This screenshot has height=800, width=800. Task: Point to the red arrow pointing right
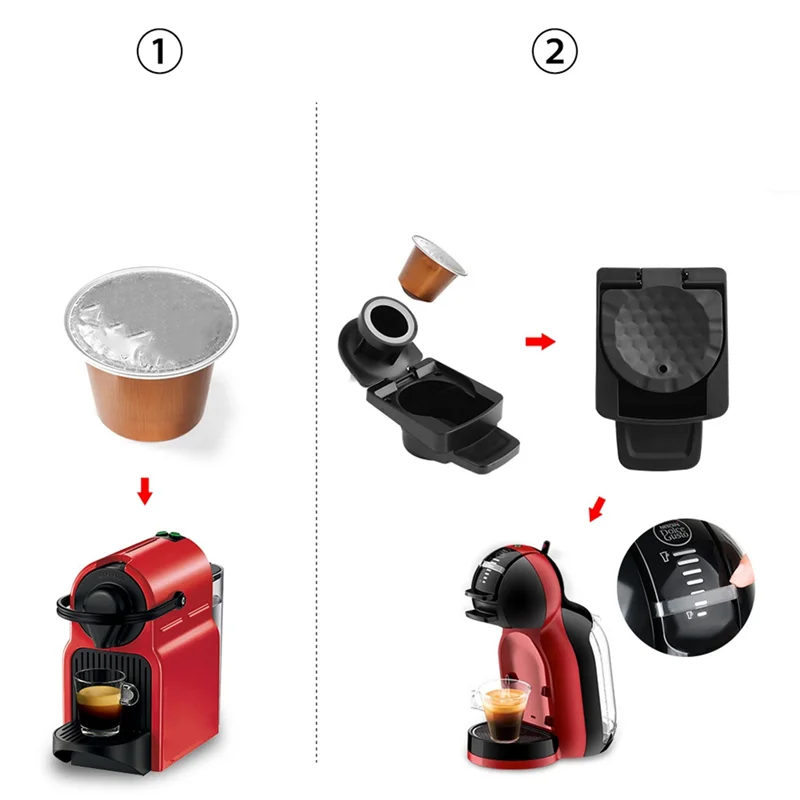[540, 342]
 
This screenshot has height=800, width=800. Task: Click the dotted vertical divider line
[317, 400]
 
